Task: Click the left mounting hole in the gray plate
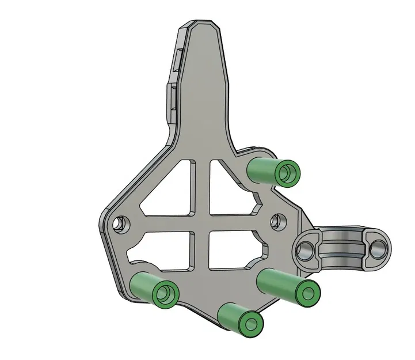120,222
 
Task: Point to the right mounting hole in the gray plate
277,220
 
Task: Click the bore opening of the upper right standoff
288,173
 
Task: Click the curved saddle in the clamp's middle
341,245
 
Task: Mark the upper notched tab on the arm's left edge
177,58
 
